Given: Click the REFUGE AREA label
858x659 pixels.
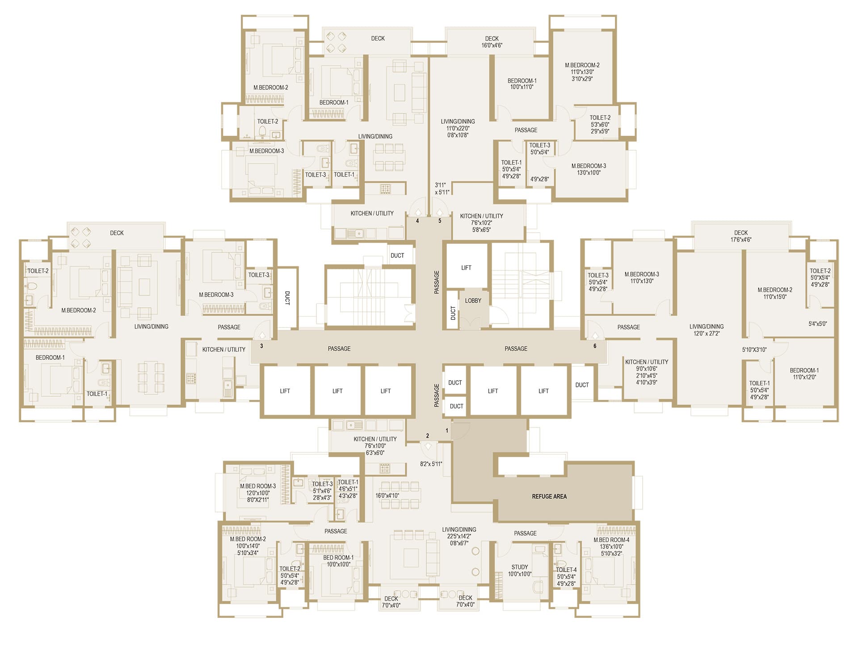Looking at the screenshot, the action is point(549,496).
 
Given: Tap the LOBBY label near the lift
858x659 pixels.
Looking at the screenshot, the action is point(473,301).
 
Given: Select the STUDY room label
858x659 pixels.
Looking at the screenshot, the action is point(520,567).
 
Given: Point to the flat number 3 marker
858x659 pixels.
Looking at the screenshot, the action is point(261,346).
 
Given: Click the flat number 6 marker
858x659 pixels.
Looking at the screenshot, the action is point(595,346).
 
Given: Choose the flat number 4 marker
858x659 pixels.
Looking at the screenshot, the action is point(418,221).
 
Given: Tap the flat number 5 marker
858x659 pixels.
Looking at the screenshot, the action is point(440,221).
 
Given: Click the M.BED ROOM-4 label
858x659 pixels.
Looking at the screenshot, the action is point(611,540).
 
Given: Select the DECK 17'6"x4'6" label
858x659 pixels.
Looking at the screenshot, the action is point(741,236).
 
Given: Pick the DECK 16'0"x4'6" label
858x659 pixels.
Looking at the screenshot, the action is point(492,42).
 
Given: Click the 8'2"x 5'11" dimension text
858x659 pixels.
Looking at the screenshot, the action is point(431,464).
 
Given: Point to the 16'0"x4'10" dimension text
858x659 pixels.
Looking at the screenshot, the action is point(387,495).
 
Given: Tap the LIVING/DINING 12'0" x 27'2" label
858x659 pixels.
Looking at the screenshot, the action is point(707,330).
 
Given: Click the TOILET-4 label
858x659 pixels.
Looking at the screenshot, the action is point(566,570).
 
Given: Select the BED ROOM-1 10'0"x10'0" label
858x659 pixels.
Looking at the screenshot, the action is point(338,561).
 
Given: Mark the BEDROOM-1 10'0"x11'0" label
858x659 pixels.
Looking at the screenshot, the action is point(522,84).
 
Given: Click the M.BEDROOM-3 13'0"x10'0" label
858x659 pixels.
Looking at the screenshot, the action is point(589,169).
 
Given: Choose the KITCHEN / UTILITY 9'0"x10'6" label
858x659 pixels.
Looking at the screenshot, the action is point(647,365).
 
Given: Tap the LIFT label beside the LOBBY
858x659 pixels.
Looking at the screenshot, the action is point(466,268).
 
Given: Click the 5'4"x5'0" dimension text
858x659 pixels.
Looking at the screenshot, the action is point(818,323).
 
